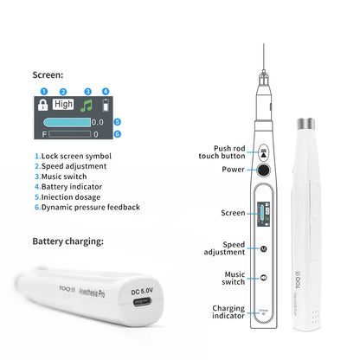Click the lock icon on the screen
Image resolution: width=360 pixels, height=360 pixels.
click(x=42, y=105)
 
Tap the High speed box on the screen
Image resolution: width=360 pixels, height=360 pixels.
click(x=63, y=104)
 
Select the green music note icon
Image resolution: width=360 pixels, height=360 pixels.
click(x=86, y=105)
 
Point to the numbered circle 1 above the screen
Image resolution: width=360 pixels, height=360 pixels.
click(x=42, y=91)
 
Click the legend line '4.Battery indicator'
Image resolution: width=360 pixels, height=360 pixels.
click(x=70, y=185)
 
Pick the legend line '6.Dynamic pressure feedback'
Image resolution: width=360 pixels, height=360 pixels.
click(x=87, y=207)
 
